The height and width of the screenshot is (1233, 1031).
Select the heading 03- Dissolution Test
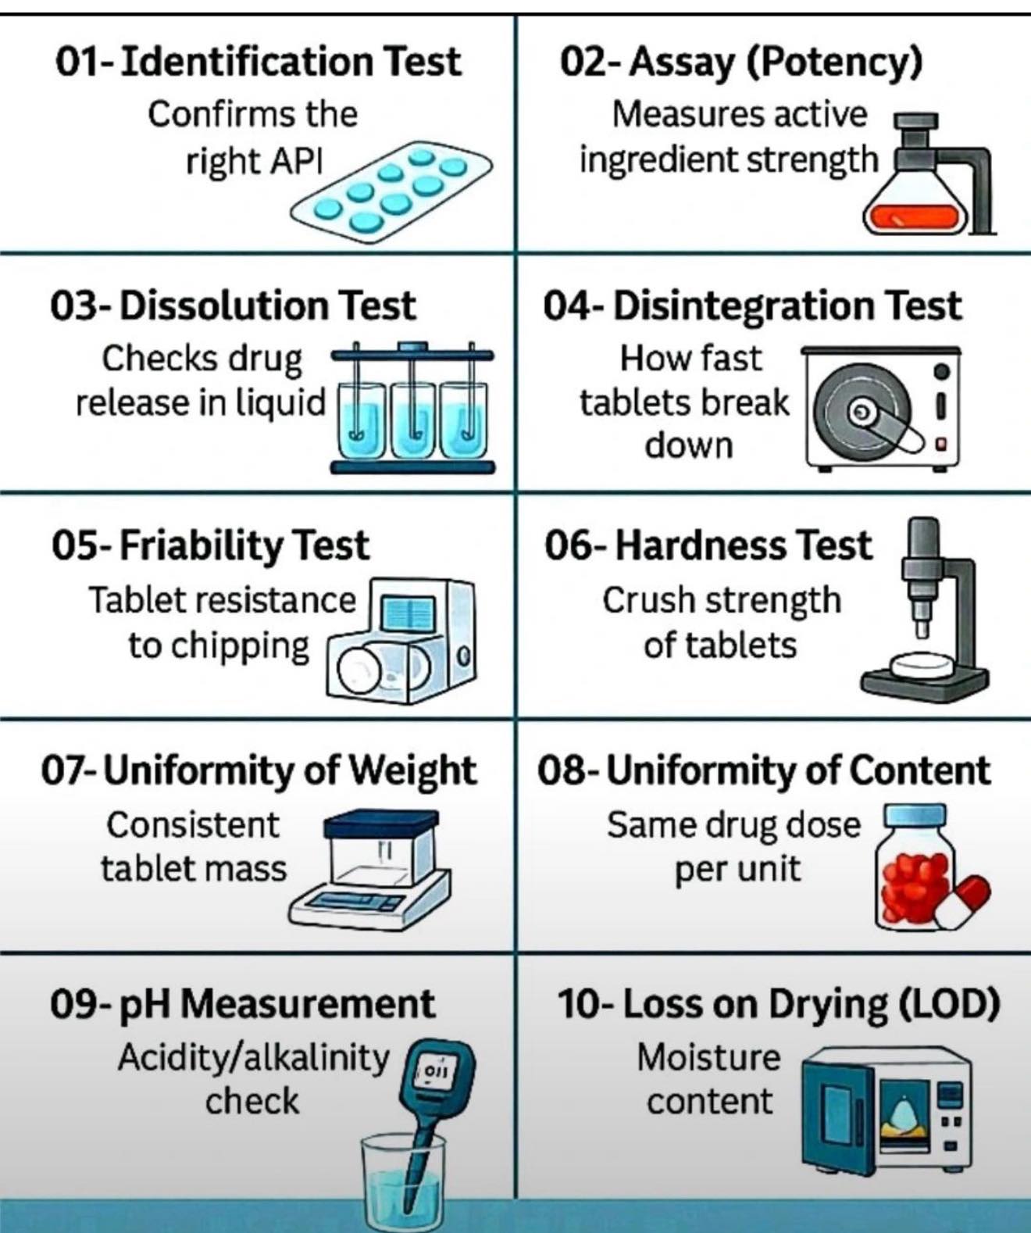234,306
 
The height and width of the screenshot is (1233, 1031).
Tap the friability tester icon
401,642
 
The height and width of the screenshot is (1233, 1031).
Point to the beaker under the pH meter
403,1180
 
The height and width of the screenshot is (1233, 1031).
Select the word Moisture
708,1058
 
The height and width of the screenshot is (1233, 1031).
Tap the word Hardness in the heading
701,545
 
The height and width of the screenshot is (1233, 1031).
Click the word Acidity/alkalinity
253,1058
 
